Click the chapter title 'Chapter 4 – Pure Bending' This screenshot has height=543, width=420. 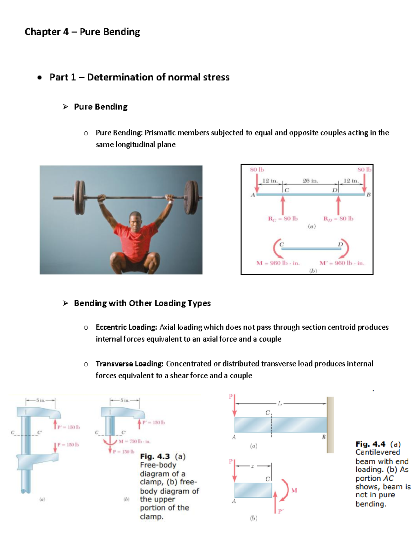point(82,32)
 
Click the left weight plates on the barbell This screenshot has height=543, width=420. point(80,198)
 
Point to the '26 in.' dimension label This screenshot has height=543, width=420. point(310,181)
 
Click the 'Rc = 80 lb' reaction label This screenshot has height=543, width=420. point(283,219)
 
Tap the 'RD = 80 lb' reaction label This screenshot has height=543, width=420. point(338,219)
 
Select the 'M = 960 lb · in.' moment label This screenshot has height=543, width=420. point(278,263)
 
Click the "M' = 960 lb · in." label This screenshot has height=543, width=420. point(342,263)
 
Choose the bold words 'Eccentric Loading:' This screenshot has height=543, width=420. point(126,327)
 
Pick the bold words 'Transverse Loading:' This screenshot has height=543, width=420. point(129,364)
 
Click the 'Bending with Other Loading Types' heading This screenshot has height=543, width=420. point(142,303)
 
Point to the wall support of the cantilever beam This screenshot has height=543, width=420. point(330,425)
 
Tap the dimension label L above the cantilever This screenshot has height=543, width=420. point(279,404)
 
